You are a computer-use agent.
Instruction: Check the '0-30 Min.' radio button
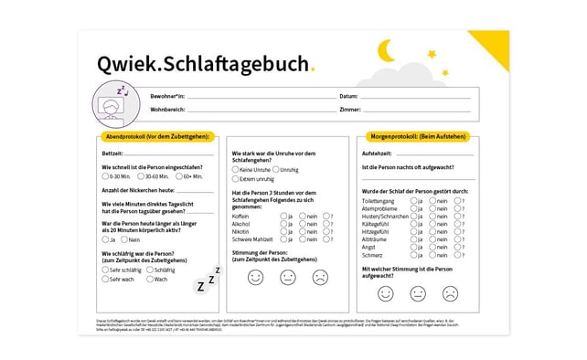(106, 176)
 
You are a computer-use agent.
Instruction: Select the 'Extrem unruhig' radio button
(236, 179)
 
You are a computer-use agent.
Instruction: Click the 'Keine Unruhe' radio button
(236, 170)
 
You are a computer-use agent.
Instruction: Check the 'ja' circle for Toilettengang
(415, 200)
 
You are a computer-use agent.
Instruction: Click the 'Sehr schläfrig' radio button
(106, 270)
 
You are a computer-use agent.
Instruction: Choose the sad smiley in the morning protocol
(450, 293)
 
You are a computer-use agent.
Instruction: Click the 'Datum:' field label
(348, 96)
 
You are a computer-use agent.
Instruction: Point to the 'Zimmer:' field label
(349, 110)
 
